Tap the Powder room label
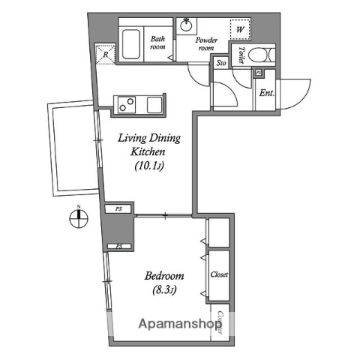206,43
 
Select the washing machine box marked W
240,30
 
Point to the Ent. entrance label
265,94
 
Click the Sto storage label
221,64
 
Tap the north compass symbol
77,219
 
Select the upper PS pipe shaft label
118,209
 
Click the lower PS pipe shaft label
118,246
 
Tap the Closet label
220,274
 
